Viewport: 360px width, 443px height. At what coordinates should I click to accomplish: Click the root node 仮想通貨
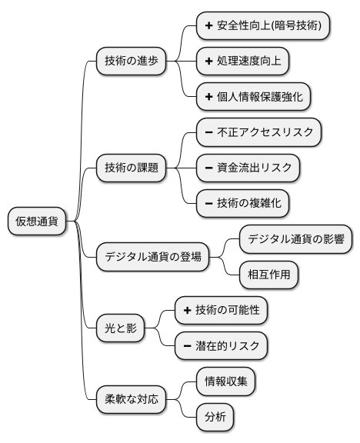tap(37, 221)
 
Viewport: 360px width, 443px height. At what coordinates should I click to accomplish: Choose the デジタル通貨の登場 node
tap(152, 257)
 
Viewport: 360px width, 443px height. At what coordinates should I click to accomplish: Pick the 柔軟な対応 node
tap(132, 399)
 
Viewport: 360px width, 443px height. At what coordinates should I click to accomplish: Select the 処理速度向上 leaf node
tap(242, 61)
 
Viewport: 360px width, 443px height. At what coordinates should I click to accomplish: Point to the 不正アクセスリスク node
tap(258, 132)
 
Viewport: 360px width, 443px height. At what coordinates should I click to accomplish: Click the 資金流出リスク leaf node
tap(248, 167)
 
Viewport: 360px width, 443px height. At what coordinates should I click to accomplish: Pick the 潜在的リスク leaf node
tap(221, 345)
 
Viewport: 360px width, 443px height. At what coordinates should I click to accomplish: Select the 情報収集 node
tap(225, 381)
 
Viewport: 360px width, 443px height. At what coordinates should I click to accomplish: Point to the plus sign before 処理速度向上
tap(208, 61)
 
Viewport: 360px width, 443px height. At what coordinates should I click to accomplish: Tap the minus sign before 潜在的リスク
tap(187, 345)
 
